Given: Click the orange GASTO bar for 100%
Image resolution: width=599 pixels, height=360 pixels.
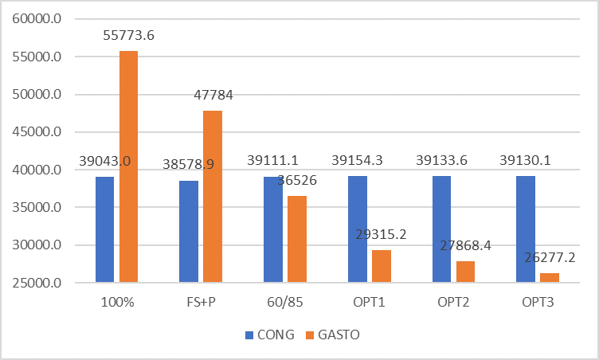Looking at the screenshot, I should point(128,166).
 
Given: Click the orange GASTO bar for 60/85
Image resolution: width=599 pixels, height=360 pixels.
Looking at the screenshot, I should point(297,239).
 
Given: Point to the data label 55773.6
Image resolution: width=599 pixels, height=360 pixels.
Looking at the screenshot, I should point(129,35).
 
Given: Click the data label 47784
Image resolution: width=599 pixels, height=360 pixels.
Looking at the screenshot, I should point(213,95).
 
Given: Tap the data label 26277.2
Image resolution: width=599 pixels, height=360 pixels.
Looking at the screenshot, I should point(550,258).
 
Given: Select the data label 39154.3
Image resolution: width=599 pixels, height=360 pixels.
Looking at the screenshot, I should point(358,160).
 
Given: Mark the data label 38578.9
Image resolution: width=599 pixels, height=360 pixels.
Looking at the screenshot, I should point(189,165).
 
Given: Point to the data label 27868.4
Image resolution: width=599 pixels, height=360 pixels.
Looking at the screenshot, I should point(465,246).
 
